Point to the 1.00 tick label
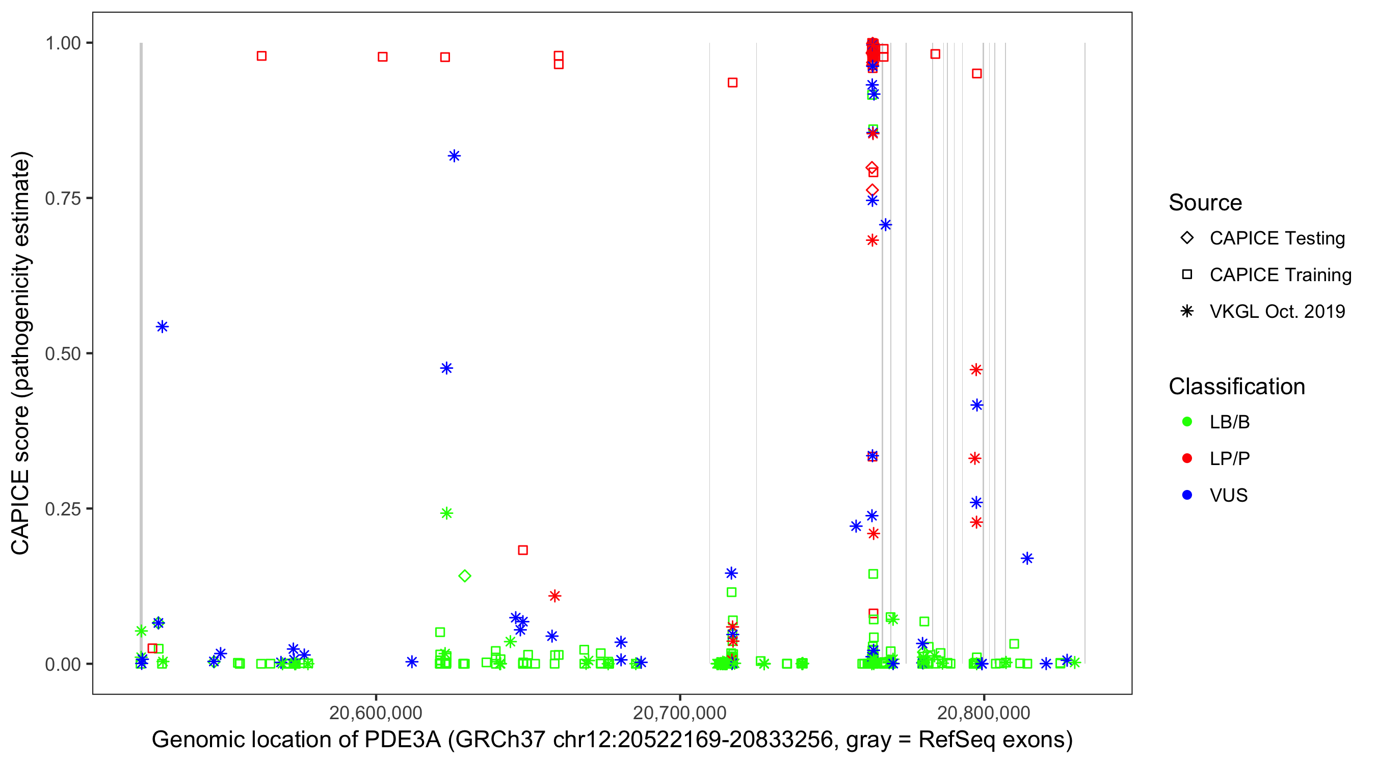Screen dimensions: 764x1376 coord(63,43)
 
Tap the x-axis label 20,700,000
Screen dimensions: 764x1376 coord(679,713)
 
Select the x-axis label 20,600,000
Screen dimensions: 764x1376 coord(376,713)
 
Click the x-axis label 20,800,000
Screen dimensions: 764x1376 coord(984,713)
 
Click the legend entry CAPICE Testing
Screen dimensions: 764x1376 coord(1277,238)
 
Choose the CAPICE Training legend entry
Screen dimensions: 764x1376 coord(1280,275)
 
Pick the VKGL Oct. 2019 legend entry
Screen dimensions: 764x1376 coord(1277,312)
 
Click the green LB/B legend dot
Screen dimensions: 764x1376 coord(1187,422)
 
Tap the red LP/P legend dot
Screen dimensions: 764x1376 coord(1187,458)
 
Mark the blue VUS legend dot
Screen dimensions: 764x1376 coord(1187,496)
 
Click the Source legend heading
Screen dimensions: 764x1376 coord(1205,203)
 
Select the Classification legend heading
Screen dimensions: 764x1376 coord(1236,387)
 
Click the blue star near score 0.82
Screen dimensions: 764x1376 coord(454,156)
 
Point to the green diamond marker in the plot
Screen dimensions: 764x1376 coord(465,576)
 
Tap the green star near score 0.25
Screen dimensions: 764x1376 coord(446,513)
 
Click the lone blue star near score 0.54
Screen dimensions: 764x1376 coord(163,327)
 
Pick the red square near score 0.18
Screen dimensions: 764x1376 coord(523,550)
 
